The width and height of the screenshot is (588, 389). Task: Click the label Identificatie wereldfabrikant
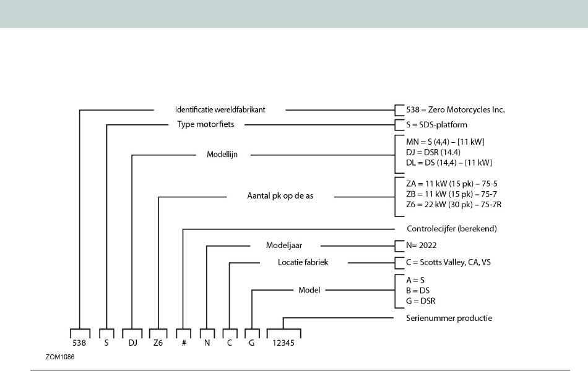[220, 110]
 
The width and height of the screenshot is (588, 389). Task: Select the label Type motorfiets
[205, 124]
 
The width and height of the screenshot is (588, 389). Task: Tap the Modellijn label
[222, 155]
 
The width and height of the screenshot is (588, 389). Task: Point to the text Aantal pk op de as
[280, 196]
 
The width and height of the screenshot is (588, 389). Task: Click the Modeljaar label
[284, 246]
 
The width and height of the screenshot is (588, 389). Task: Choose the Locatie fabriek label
[303, 262]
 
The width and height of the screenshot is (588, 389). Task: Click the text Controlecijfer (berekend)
[452, 229]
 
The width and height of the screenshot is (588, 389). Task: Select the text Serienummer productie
[449, 318]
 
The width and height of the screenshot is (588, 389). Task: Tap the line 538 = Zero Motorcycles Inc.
[456, 110]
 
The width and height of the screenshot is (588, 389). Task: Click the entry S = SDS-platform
[437, 125]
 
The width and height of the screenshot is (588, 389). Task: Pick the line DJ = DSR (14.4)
[433, 152]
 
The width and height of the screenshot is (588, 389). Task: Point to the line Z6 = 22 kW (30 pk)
[454, 205]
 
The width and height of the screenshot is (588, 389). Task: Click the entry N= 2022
[421, 246]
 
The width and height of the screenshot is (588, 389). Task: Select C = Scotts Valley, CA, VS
[449, 262]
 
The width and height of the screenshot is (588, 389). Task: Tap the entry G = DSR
[421, 301]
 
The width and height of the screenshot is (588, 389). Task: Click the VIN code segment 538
[79, 343]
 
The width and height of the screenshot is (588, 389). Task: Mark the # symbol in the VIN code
[184, 343]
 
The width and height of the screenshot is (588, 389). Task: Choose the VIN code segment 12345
[283, 343]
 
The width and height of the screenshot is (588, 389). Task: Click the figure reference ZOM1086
[60, 357]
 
